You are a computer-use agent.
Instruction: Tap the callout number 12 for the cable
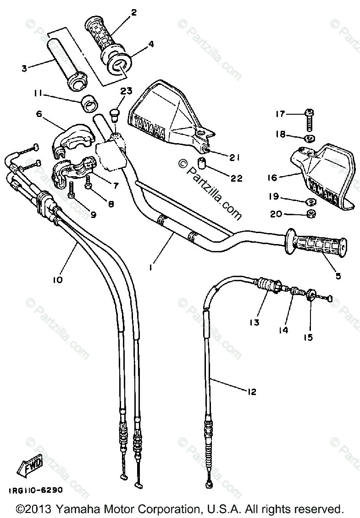252,391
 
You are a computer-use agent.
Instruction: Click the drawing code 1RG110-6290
35,490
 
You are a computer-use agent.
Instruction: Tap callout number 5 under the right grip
338,276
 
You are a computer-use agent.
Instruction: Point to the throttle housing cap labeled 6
72,138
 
